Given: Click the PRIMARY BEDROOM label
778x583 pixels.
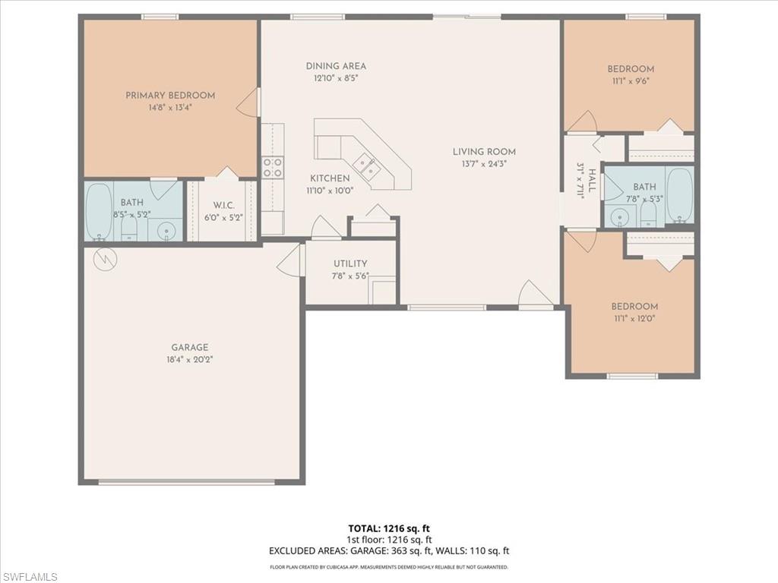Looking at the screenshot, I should pyautogui.click(x=170, y=96).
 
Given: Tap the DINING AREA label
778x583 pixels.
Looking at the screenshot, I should pyautogui.click(x=336, y=66).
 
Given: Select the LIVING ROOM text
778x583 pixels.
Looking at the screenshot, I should pyautogui.click(x=485, y=151).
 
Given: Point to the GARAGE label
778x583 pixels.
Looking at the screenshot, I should pyautogui.click(x=189, y=348).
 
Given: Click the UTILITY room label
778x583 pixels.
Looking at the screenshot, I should pyautogui.click(x=350, y=264).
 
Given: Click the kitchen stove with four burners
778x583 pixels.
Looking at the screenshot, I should pyautogui.click(x=273, y=167).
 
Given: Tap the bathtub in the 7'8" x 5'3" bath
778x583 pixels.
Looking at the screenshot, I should pyautogui.click(x=679, y=195).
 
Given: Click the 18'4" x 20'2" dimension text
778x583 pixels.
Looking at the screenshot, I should pyautogui.click(x=189, y=360).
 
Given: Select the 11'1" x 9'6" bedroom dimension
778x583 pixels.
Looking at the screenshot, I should pyautogui.click(x=631, y=81).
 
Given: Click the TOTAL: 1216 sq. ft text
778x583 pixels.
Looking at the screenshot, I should pyautogui.click(x=389, y=528).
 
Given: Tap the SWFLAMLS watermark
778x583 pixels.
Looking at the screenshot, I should pyautogui.click(x=30, y=577).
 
